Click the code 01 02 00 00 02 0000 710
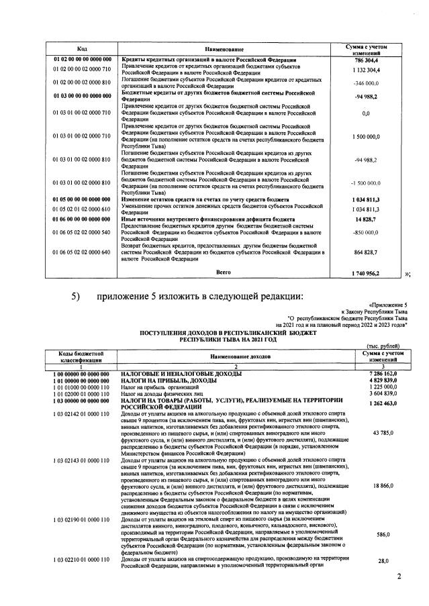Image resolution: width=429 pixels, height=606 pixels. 82,69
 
